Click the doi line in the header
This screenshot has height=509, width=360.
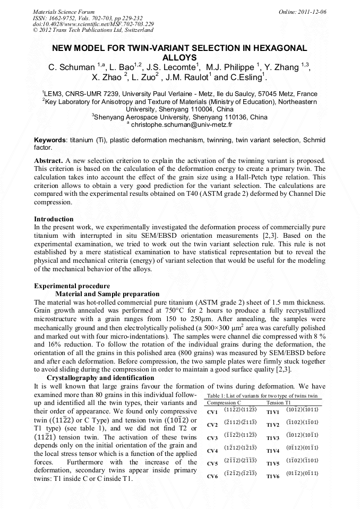(x=93, y=24)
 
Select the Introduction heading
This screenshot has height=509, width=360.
(x=54, y=219)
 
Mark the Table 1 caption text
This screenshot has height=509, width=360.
(x=262, y=396)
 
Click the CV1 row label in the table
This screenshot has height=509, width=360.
(x=212, y=412)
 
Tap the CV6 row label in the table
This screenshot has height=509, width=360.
(x=212, y=476)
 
